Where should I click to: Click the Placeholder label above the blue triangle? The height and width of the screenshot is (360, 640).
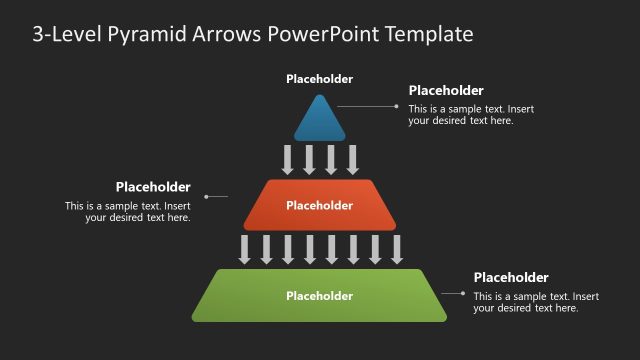point(320,79)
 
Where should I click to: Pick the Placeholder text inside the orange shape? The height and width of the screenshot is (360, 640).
point(320,206)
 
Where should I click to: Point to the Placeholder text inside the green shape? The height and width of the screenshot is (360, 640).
point(320,296)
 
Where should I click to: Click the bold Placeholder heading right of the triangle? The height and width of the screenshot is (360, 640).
point(446,90)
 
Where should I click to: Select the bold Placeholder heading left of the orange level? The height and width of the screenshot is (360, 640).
point(153,186)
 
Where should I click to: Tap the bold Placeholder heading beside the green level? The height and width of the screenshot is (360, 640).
point(511,277)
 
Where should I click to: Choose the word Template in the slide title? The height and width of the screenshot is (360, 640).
point(430,35)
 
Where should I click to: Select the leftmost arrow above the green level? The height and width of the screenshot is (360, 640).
point(244,248)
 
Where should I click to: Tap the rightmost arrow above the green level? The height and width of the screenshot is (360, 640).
point(397,248)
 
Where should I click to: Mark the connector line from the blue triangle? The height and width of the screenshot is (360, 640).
point(369,105)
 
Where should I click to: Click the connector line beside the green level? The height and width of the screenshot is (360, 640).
point(453,293)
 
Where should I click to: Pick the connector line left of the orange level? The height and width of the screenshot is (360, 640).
point(217,197)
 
